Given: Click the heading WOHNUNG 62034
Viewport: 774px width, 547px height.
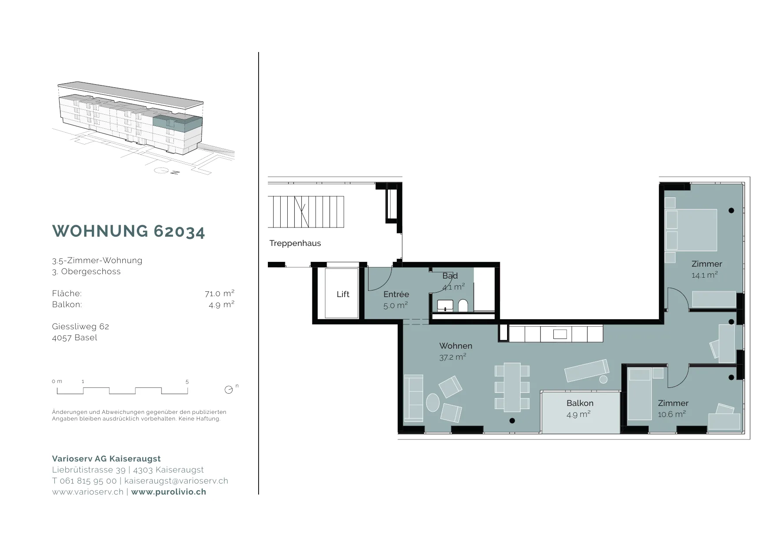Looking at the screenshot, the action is [x=128, y=231].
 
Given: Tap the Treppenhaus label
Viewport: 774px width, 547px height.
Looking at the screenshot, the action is [x=295, y=243].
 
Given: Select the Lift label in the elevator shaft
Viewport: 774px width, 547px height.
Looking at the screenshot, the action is [x=343, y=294].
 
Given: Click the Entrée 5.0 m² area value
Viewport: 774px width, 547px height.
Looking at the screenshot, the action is [x=395, y=305].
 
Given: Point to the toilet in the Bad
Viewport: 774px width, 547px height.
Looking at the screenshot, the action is [x=463, y=305].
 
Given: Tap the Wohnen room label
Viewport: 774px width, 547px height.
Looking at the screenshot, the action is [x=455, y=346].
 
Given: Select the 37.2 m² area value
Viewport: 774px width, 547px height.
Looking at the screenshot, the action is [x=453, y=357].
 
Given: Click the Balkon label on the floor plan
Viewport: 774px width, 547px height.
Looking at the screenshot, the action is [x=580, y=403].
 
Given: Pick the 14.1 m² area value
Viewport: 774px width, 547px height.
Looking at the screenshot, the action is [x=704, y=275].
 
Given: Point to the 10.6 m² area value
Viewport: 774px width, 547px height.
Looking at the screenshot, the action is [x=672, y=414].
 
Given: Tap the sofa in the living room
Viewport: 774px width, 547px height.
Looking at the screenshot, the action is [x=413, y=398].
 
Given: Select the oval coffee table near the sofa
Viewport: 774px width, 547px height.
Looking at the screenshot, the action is [x=433, y=402].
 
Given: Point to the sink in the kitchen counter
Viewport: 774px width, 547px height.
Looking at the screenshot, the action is [x=560, y=334].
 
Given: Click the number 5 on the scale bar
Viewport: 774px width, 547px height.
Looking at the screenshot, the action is [x=187, y=382].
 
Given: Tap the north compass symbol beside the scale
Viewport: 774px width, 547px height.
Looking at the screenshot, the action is [x=229, y=390].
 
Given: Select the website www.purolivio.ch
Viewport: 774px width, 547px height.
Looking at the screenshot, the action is [x=169, y=492].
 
